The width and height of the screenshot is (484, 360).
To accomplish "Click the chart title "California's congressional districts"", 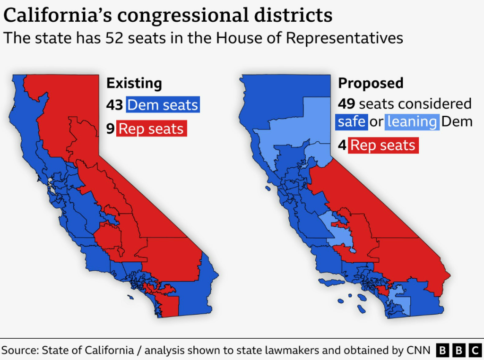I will coord(168,16).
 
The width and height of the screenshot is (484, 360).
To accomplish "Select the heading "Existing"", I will coord(134,84).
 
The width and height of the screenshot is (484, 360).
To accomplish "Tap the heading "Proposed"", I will coord(371,84).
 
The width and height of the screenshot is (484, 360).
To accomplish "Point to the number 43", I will coord(114,104).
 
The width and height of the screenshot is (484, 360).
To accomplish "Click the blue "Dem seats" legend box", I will coord(163,104).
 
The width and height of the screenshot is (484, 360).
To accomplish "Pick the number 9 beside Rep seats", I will coord(110,129).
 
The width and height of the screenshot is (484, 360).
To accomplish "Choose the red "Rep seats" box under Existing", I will coord(152,129).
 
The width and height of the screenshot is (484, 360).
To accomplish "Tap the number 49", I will coord(346,104).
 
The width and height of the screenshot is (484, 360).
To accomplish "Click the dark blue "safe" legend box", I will coord(351,122).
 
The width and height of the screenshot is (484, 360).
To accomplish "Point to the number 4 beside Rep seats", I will coord(342,145).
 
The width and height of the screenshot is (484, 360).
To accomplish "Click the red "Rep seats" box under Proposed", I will coord(383,145).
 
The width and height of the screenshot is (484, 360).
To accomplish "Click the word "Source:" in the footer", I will coord(21,350).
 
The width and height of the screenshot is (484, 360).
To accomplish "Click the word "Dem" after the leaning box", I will coord(457,122).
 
